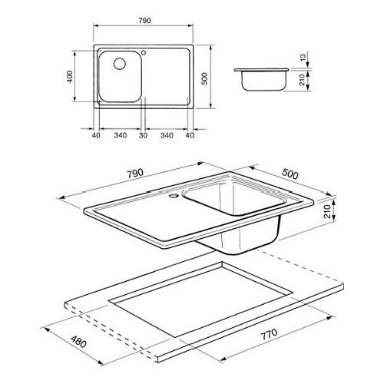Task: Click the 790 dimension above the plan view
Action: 144,21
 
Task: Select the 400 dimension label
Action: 70,76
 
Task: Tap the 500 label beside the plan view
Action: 204,78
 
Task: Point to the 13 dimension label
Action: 303,58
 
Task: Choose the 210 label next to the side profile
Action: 303,80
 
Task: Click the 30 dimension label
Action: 144,135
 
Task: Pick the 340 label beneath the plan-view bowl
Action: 121,135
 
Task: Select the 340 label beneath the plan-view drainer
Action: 167,135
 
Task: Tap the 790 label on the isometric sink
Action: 135,174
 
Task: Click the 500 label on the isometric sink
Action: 290,174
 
